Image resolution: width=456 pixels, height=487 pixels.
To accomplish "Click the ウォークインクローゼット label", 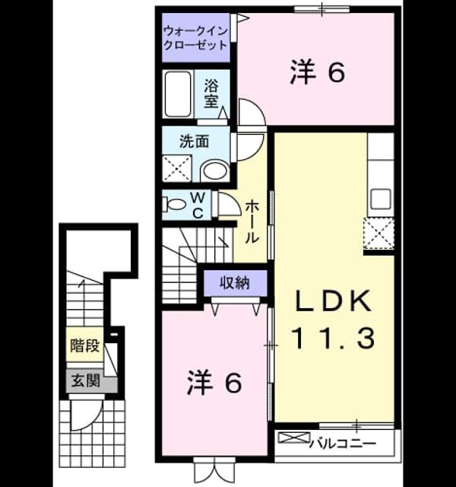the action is [x=195, y=38].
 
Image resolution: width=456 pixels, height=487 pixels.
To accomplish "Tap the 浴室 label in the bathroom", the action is [x=211, y=94].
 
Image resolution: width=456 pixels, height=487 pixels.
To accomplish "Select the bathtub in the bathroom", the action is [x=178, y=94].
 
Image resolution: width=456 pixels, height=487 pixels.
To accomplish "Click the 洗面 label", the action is [x=195, y=142].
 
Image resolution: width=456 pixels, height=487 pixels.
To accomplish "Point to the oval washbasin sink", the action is [x=215, y=170].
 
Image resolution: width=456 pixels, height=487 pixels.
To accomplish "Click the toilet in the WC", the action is [x=176, y=204].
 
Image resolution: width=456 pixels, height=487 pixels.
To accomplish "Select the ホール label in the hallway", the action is [x=252, y=221].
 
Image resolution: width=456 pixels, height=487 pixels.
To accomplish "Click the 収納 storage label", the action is [x=235, y=282].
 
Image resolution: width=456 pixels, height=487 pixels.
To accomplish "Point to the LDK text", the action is [x=334, y=301].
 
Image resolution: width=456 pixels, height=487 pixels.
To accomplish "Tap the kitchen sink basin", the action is [x=381, y=199].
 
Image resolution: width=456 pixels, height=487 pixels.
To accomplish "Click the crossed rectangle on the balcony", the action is [x=293, y=438].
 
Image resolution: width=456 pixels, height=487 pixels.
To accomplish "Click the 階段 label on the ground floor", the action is [x=84, y=345].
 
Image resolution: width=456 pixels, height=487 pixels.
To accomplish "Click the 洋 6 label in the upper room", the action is [x=318, y=73].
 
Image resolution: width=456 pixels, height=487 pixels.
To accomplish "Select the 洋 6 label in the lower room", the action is [x=214, y=384].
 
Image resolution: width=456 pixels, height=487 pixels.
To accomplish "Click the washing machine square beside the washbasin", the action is [x=177, y=168].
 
